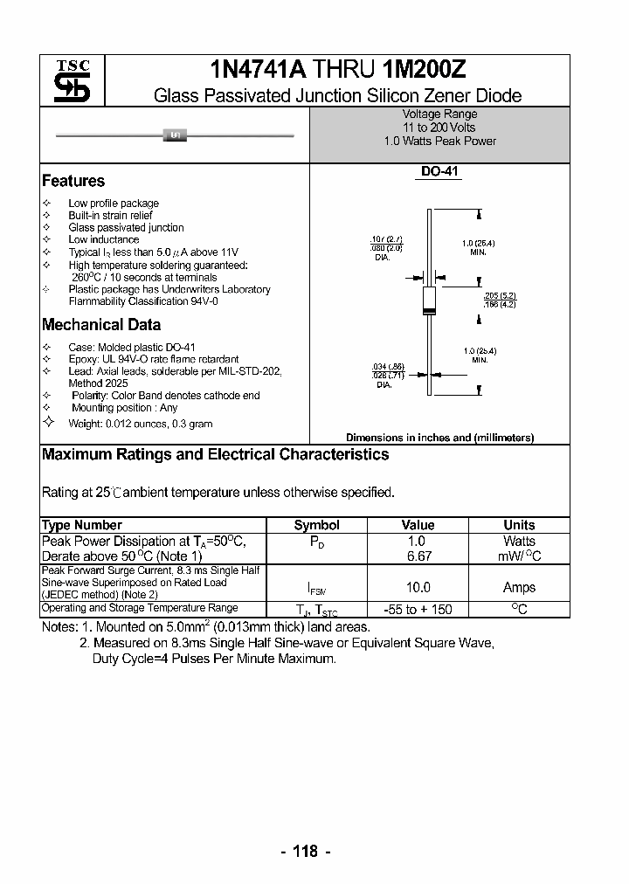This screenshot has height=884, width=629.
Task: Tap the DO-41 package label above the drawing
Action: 439,173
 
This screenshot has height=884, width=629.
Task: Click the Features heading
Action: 73,182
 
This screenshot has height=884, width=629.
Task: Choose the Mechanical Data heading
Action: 101,325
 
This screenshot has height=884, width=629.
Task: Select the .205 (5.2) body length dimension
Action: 500,296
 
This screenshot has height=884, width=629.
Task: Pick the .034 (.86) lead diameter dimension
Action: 388,366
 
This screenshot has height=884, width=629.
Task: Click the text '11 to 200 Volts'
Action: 439,128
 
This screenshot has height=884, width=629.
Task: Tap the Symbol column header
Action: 316,525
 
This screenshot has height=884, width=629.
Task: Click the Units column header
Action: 519,525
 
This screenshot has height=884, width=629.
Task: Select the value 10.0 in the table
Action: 418,588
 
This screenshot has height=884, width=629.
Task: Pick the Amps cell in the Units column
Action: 519,588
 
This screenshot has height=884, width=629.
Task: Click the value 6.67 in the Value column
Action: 418,556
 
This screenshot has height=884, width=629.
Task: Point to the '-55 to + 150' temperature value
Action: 418,610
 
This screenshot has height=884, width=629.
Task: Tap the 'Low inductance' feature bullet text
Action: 103,239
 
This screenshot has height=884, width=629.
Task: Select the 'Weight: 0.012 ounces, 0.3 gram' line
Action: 140,424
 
